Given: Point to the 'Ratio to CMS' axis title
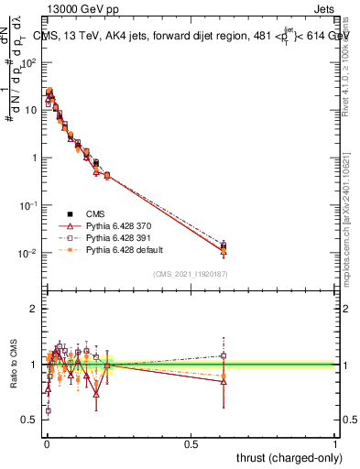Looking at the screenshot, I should coord(12,364).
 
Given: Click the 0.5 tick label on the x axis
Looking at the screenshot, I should coord(191,444).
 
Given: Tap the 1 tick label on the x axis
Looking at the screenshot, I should coord(335,444).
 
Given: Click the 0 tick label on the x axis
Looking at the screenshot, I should coord(46,444).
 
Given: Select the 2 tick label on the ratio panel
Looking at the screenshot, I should coord(33,309).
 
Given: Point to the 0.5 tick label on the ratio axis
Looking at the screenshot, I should coord(28,419).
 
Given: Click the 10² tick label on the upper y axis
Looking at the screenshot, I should coord(28,62).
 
